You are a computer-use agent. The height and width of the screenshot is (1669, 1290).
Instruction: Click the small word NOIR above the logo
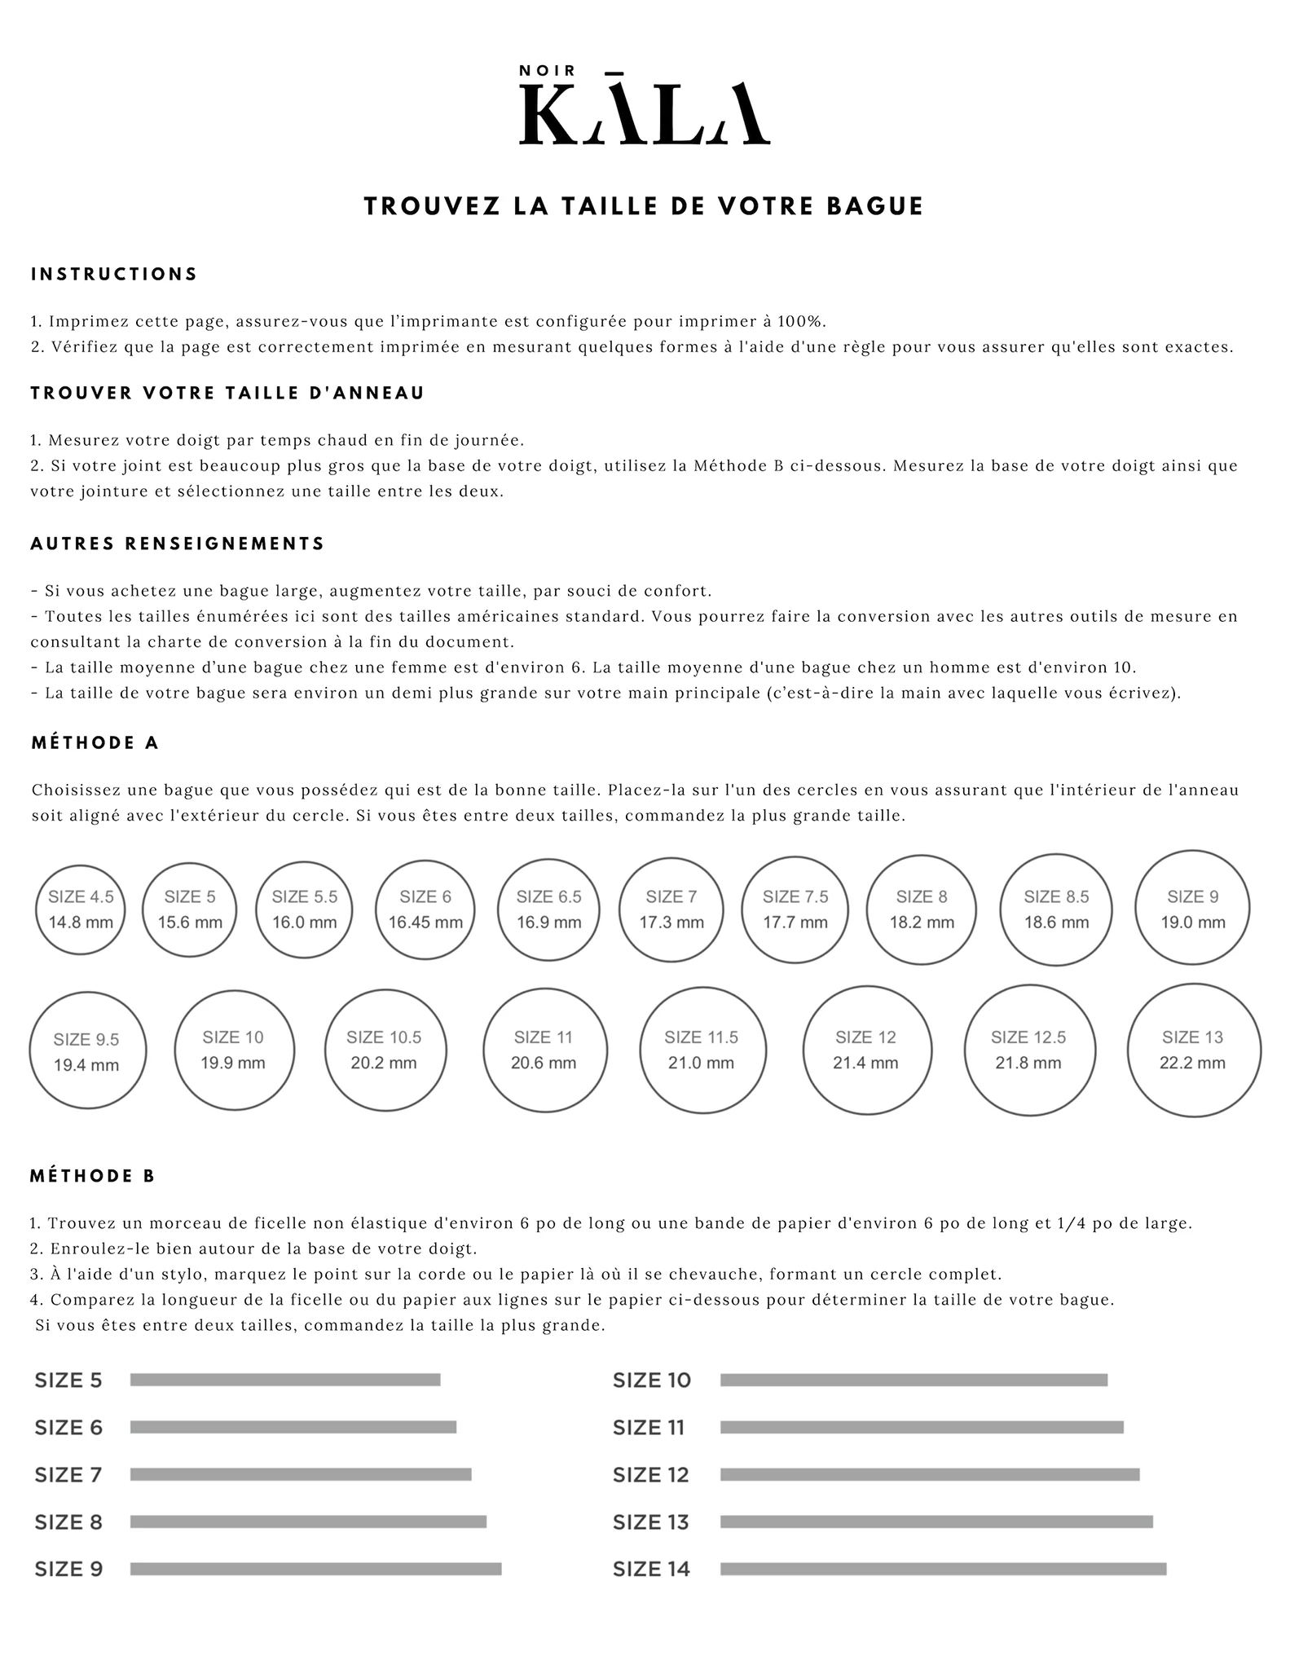548,71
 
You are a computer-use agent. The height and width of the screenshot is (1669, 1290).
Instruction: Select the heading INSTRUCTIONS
114,275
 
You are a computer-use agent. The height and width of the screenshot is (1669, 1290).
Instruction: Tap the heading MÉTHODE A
95,743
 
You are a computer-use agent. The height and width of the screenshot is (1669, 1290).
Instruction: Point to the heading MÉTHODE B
92,1176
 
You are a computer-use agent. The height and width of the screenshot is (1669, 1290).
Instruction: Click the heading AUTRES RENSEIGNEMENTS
178,544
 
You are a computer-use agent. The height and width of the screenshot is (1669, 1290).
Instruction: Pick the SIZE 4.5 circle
81,909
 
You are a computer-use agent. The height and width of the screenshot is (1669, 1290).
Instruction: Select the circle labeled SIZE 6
425,909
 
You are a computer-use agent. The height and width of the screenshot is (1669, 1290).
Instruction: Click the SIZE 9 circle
1192,908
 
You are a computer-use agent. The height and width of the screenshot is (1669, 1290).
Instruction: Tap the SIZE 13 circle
1193,1050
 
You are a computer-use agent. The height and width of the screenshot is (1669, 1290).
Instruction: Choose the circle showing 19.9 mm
234,1050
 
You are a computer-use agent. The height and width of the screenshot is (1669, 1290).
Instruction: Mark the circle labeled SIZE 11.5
702,1050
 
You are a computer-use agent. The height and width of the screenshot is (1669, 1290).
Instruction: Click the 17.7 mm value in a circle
795,923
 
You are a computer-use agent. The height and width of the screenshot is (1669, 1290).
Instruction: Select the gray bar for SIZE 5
285,1380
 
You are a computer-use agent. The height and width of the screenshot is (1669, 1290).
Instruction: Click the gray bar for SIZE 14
943,1569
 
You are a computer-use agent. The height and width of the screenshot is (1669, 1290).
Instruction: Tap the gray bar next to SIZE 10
914,1380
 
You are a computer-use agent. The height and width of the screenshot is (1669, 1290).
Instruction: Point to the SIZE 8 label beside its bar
68,1522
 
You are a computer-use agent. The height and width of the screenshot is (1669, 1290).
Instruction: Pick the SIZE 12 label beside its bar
650,1475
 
